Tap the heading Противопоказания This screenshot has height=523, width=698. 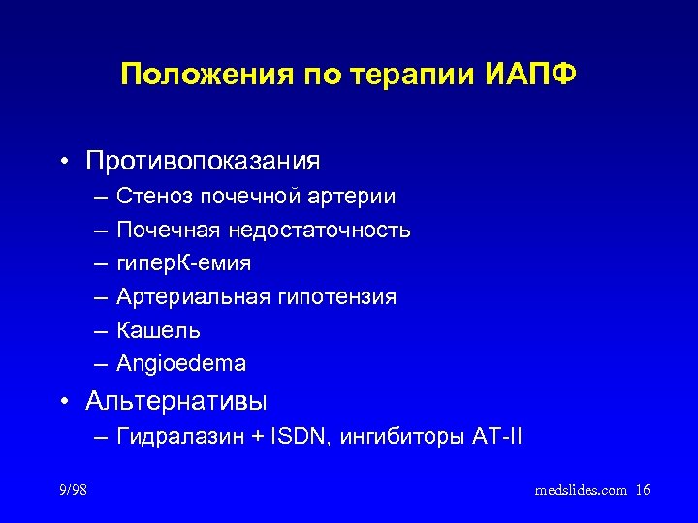point(203,159)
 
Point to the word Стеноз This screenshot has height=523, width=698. point(154,197)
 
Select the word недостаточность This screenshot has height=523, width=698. point(319,231)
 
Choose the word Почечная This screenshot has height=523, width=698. point(168,231)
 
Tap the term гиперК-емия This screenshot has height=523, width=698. point(183,263)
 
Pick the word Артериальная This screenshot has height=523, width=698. point(193,297)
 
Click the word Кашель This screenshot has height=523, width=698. point(158,330)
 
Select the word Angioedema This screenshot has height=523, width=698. point(180,364)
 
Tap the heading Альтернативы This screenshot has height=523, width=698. point(176,400)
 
